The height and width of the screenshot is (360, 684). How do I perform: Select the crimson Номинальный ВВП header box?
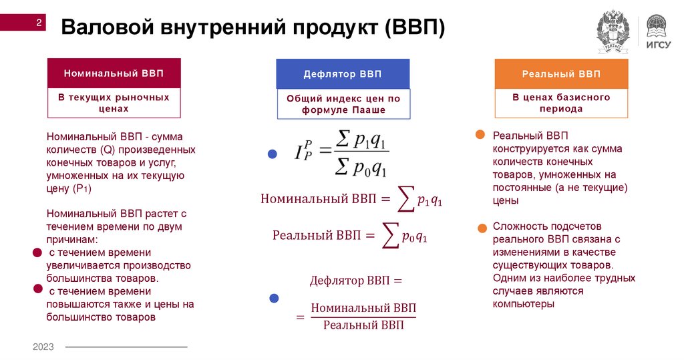pos(113,73)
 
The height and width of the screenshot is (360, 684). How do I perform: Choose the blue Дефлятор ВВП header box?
pos(343,73)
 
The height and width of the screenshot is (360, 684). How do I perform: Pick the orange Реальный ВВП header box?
pos(561,73)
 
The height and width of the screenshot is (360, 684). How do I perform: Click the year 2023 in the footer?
pos(44,347)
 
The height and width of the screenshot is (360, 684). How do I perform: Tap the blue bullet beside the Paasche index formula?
pos(273,154)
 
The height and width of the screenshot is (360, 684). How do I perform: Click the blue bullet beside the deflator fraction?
pos(273,299)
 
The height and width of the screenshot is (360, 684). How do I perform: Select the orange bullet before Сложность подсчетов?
pos(482,228)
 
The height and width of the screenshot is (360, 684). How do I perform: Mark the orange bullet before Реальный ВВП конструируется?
pos(480,135)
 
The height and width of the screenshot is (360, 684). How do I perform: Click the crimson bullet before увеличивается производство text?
pos(37,253)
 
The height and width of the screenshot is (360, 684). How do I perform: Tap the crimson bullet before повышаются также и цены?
pos(37,289)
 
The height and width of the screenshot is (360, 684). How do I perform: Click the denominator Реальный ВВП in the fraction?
pos(363,325)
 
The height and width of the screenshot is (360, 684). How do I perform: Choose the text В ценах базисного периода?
pos(561,103)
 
